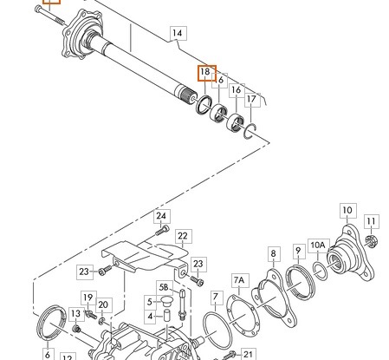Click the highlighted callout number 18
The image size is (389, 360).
pos(206,72)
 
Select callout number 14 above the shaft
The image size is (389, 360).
pos(178,35)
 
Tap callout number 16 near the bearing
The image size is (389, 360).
pos(235,89)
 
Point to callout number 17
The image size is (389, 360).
pos(252,100)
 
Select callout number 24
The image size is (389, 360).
pos(161,215)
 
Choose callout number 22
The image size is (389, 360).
pos(183,235)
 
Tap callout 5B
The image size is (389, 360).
pos(164,285)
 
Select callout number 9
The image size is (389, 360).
pos(299,252)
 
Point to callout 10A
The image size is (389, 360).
pos(318,245)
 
